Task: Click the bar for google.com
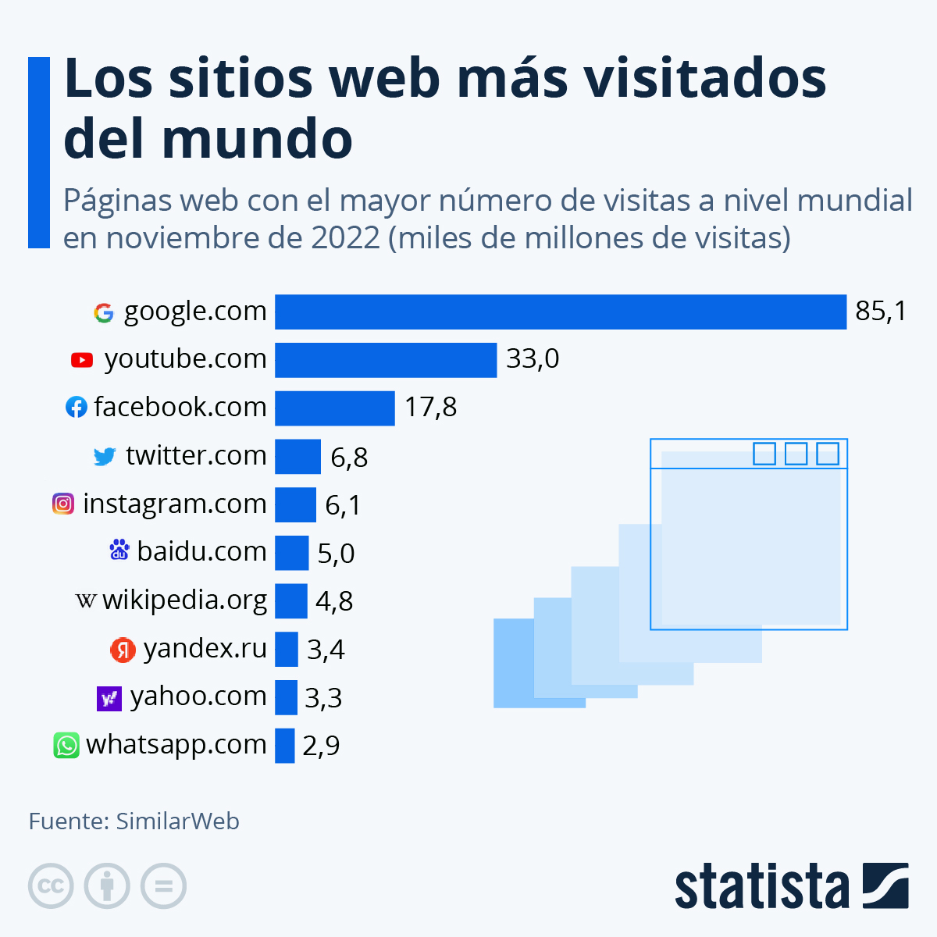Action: point(560,312)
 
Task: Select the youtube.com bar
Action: point(386,360)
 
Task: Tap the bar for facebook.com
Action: point(335,408)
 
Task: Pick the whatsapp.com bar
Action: point(284,746)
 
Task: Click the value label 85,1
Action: point(881,312)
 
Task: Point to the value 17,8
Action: point(430,408)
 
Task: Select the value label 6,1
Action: point(343,505)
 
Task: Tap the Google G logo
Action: point(104,312)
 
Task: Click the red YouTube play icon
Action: point(82,360)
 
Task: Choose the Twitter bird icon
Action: point(105,456)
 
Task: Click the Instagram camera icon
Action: point(63,504)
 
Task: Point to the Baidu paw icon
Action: point(119,551)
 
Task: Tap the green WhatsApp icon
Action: point(66,745)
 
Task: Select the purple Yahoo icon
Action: point(109,697)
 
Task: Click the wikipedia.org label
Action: point(184,600)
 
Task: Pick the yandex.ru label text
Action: point(205,649)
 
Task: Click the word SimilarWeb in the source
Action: point(177,821)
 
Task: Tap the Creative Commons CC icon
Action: point(51,886)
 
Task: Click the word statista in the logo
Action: point(761,887)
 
